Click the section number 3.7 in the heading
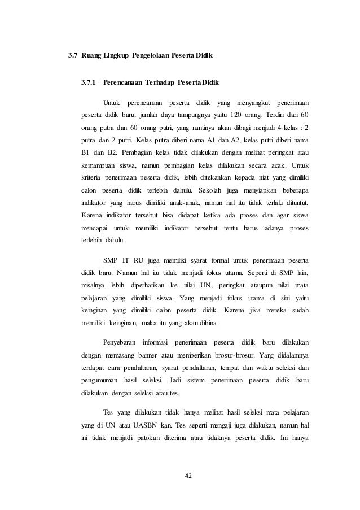coord(72,56)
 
